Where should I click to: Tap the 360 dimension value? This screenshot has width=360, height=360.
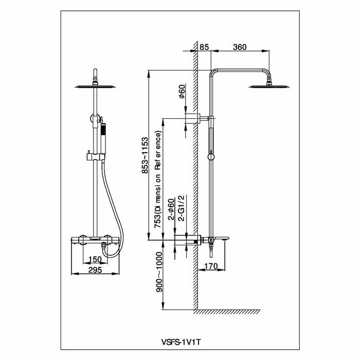click(240, 47)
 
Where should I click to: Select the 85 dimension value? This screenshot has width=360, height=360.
click(203, 47)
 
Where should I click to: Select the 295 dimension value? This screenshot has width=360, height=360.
click(94, 269)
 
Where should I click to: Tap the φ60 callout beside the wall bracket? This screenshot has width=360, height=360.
click(182, 94)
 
